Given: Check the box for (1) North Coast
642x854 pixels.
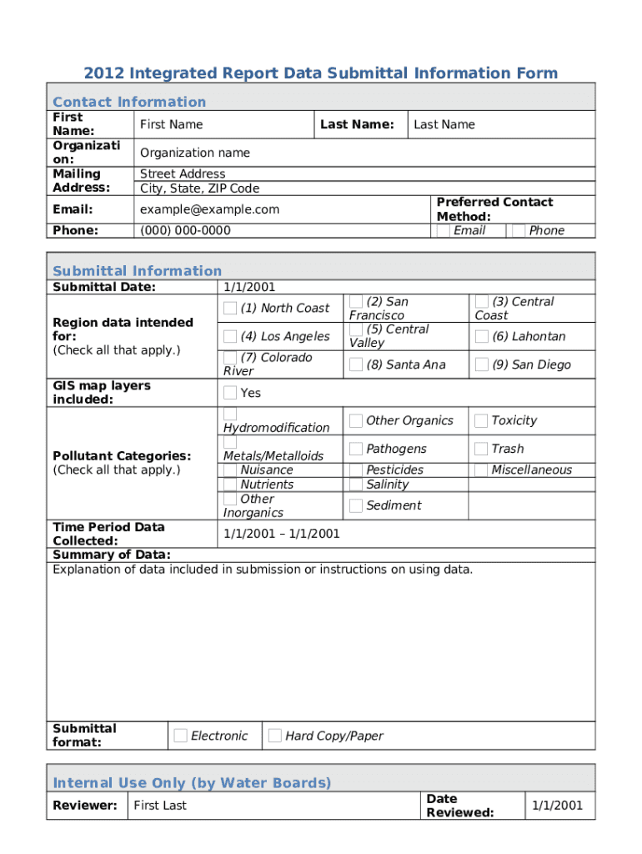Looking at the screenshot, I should point(230,309).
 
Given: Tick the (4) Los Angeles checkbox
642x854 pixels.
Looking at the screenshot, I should point(230,337).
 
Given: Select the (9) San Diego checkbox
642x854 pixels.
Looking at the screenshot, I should point(481,364).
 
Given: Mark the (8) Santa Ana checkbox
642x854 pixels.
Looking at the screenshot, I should point(356,364).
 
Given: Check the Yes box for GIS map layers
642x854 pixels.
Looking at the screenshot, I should point(230,393).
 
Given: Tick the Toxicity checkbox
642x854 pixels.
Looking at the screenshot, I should point(481,420).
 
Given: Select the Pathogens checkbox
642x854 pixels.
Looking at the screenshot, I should point(356,449).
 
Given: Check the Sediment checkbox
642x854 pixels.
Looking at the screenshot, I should point(356,505).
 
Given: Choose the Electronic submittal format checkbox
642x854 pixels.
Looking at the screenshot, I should point(180,736).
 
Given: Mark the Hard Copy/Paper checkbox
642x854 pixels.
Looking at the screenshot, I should point(274,736).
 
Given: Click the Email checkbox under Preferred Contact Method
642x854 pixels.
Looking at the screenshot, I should point(444,230).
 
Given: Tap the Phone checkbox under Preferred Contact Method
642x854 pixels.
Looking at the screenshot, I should point(519,230).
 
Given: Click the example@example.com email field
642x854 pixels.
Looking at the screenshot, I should point(209,209).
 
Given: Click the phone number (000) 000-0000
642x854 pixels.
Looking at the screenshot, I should point(185,230).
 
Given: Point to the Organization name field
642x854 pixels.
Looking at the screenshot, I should point(194,153).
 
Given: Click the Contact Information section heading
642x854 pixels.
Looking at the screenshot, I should point(129,102).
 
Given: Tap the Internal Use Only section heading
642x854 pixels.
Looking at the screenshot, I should point(192,782).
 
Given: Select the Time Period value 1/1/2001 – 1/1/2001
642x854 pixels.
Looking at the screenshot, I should point(281,534).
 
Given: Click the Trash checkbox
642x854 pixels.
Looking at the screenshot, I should point(481,449).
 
